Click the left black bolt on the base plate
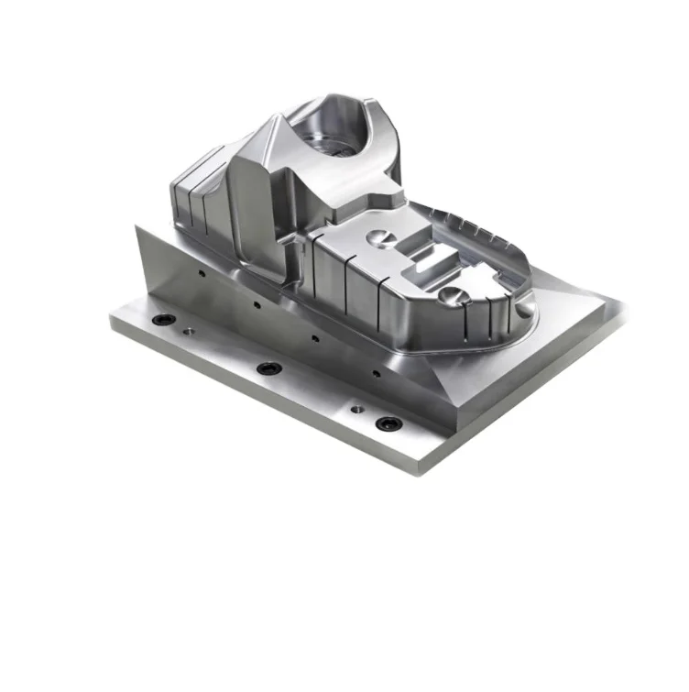click(x=165, y=319)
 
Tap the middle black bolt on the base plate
click(x=268, y=368)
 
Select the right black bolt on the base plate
click(x=388, y=423)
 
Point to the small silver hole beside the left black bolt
click(x=188, y=330)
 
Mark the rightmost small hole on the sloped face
click(x=374, y=373)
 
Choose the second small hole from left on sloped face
click(x=256, y=304)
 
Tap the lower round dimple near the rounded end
click(x=450, y=294)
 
